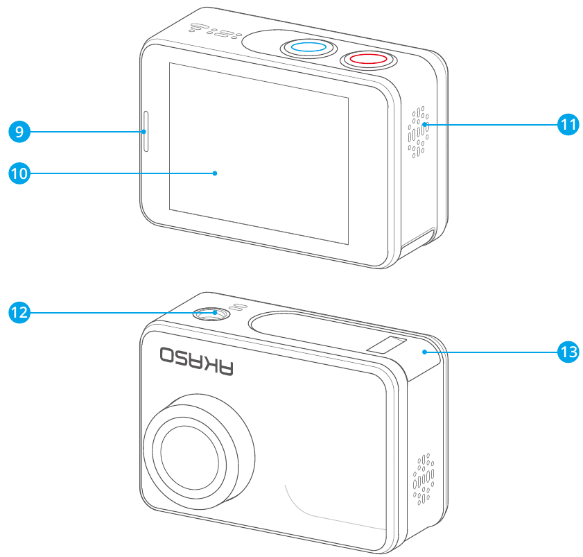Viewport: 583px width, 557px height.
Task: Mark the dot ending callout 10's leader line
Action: [x=216, y=173]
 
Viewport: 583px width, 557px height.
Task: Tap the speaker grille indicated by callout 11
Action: [x=418, y=132]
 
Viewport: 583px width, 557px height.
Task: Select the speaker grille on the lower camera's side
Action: [x=422, y=478]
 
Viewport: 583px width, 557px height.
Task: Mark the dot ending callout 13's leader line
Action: [x=422, y=352]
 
